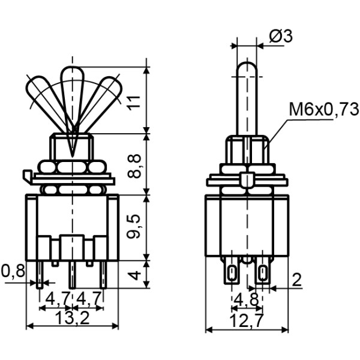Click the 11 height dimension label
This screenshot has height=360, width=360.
point(137,98)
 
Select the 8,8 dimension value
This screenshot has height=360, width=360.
point(137,163)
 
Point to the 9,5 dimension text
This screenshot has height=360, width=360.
point(137,226)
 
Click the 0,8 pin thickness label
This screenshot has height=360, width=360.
point(13,271)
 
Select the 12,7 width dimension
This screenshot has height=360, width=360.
point(247,321)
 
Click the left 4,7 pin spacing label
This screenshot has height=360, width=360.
point(58,298)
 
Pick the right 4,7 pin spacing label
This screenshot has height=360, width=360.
point(89,298)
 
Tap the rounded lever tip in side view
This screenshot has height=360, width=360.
point(247,67)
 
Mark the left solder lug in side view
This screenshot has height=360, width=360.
point(231,274)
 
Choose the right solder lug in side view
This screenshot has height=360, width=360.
point(262,274)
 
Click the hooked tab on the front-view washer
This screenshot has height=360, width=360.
point(26,176)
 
